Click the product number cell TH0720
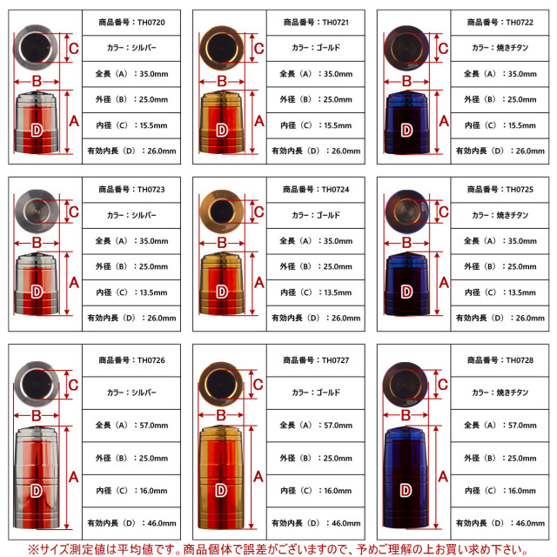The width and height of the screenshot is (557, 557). click(131, 23)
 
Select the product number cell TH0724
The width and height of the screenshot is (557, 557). click(316, 190)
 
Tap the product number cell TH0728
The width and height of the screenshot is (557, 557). click(500, 360)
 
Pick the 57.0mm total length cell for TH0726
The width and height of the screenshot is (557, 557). click(131, 426)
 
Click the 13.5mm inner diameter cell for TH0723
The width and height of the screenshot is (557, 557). click(131, 292)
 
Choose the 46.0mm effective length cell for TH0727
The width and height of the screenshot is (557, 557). click(316, 523)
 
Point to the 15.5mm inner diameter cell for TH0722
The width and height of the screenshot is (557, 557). click(500, 125)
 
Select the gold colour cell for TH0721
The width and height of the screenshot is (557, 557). click(316, 48)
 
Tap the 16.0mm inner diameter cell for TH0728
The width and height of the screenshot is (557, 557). click(500, 491)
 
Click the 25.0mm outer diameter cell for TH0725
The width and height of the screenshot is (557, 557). click(500, 267)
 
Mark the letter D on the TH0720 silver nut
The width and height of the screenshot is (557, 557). click(37, 131)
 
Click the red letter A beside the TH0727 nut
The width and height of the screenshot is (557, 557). click(258, 477)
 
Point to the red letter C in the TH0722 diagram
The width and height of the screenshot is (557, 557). click(443, 49)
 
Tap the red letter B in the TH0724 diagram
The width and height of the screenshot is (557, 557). click(222, 243)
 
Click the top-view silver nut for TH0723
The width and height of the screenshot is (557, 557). click(37, 211)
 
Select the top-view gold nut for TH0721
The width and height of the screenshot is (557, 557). click(222, 48)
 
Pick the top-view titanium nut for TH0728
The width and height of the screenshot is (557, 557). click(406, 385)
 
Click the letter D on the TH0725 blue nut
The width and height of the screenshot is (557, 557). click(406, 292)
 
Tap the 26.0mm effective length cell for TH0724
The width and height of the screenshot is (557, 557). click(316, 319)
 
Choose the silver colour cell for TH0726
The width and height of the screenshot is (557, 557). click(131, 393)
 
